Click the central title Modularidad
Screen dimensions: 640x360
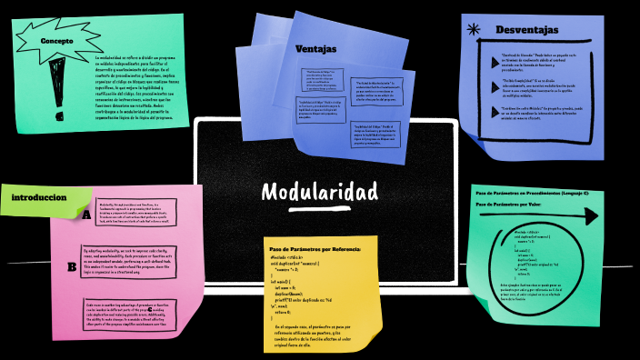(319, 192)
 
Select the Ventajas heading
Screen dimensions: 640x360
(315, 48)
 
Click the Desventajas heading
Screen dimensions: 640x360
(526, 30)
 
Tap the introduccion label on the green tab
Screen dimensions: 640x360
(39, 197)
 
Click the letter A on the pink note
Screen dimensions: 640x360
(86, 215)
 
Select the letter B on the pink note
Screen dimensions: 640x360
(72, 266)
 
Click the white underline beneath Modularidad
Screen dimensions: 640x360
(319, 207)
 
